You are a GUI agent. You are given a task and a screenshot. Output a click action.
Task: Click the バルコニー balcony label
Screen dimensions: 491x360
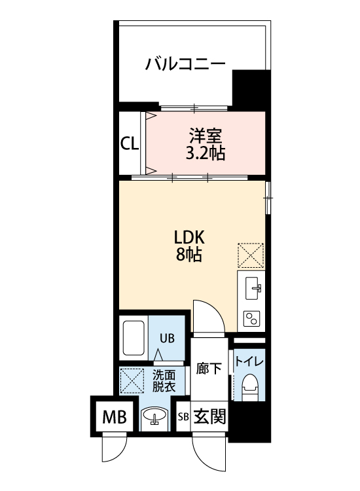pyautogui.click(x=186, y=64)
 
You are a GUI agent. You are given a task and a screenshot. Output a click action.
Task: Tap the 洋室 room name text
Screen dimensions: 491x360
pyautogui.click(x=206, y=136)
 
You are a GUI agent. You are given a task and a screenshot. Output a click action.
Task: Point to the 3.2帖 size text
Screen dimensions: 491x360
pyautogui.click(x=206, y=154)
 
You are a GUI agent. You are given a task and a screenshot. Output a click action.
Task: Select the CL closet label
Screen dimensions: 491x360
pyautogui.click(x=130, y=143)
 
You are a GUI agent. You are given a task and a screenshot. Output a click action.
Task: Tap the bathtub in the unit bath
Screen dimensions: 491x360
pyautogui.click(x=134, y=338)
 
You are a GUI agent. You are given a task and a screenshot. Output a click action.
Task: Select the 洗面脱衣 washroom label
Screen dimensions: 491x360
pyautogui.click(x=164, y=380)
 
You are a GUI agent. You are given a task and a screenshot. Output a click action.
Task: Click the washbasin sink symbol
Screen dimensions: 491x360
pyautogui.click(x=154, y=416)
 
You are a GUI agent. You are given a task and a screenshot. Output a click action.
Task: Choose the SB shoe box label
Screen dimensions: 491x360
pyautogui.click(x=183, y=416)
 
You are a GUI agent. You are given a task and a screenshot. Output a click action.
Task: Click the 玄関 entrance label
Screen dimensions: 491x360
pyautogui.click(x=209, y=416)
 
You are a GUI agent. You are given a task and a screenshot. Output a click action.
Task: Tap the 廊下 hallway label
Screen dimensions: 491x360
pyautogui.click(x=209, y=368)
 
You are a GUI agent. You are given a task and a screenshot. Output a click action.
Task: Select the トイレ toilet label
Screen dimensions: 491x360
pyautogui.click(x=249, y=361)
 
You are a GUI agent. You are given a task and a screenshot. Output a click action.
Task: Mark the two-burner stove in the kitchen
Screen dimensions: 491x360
pyautogui.click(x=251, y=318)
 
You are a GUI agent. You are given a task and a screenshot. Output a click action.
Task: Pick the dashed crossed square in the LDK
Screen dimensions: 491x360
pyautogui.click(x=250, y=255)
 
